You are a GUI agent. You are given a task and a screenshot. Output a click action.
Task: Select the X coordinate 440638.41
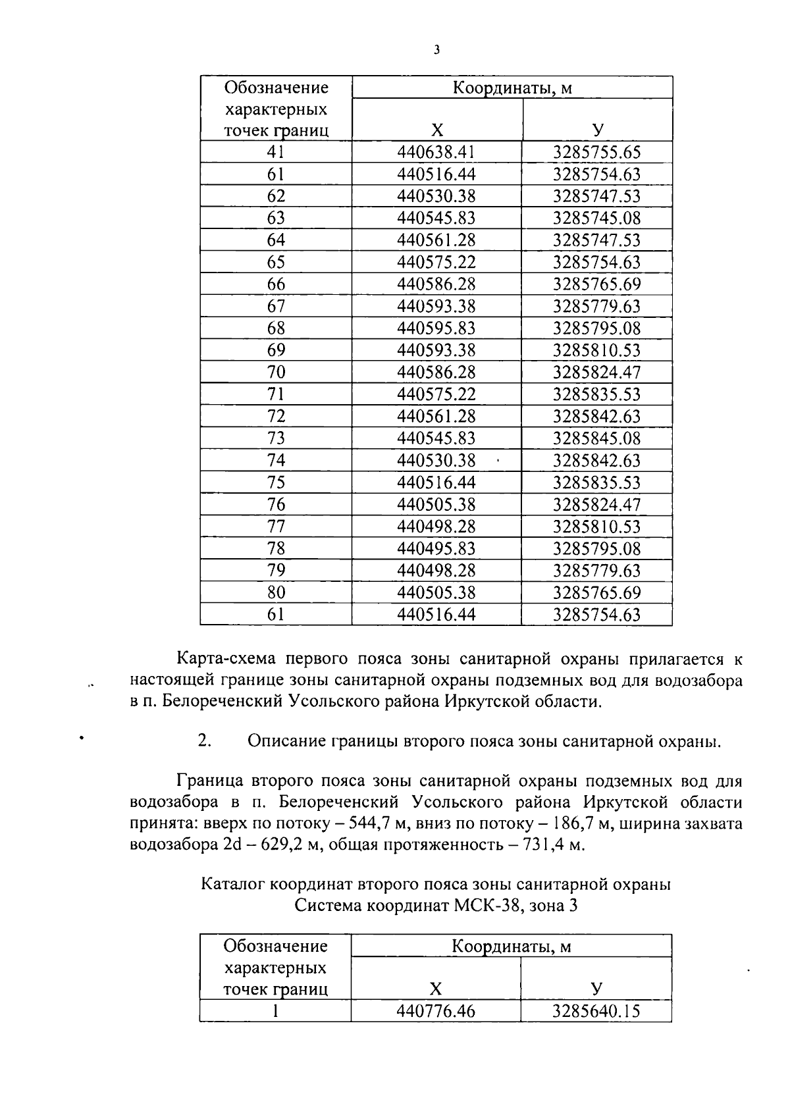tap(436, 153)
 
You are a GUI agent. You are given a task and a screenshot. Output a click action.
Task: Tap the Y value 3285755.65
tap(596, 153)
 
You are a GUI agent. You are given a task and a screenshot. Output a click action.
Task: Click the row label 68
tap(276, 328)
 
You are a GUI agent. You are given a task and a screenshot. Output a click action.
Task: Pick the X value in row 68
tap(436, 328)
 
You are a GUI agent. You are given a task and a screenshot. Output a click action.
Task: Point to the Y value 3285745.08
tap(596, 218)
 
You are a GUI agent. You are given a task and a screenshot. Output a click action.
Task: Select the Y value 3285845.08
tap(596, 438)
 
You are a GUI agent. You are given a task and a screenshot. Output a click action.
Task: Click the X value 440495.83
tap(436, 548)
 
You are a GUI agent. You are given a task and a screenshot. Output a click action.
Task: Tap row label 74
tap(276, 460)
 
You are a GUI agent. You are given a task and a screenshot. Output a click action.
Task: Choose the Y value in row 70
tap(596, 372)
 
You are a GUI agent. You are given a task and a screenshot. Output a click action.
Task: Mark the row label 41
tap(276, 153)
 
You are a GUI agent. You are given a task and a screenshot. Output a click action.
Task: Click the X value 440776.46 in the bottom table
tap(436, 1011)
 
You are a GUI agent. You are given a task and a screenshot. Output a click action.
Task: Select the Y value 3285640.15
tap(596, 1011)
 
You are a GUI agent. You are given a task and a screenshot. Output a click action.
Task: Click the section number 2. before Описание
tap(204, 741)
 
